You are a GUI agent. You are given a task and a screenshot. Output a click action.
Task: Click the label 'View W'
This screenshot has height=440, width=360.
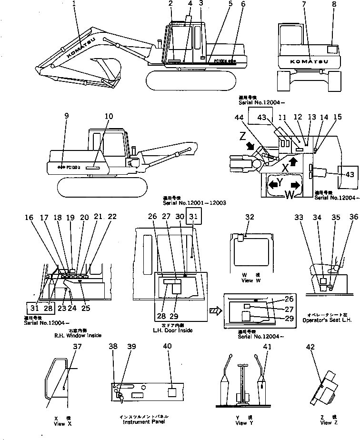tap(248, 280)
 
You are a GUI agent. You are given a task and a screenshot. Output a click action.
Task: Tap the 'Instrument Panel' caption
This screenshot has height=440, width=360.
tap(142, 422)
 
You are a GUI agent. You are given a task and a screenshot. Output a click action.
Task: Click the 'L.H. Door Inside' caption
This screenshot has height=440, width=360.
tap(172, 330)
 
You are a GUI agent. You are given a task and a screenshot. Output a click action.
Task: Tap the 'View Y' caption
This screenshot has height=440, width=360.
tap(241, 422)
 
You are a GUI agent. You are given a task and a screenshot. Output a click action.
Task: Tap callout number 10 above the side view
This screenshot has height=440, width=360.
tap(109, 116)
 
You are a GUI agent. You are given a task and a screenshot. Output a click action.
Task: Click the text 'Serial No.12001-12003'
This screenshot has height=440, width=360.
tap(194, 203)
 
